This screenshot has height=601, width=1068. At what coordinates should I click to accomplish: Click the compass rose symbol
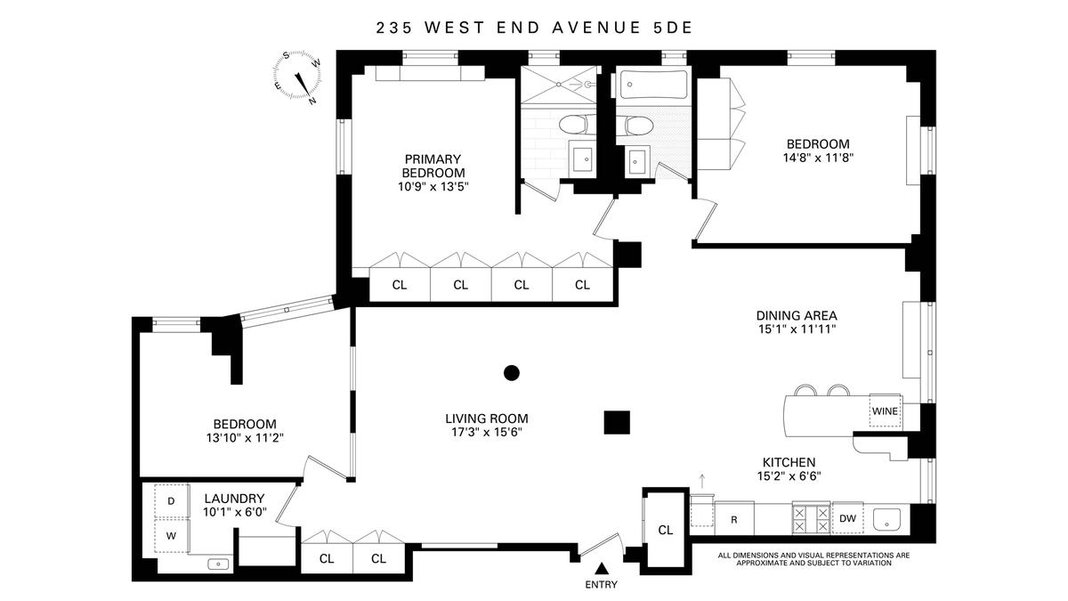[297, 77]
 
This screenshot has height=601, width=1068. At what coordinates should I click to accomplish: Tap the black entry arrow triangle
[603, 569]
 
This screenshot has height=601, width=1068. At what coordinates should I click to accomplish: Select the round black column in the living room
[512, 373]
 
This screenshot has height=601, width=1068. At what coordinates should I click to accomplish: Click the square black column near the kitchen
[617, 423]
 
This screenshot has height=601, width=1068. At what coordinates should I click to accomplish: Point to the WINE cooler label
[885, 411]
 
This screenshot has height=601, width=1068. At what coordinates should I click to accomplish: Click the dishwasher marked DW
[847, 518]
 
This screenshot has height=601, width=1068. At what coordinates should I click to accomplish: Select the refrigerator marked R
[734, 518]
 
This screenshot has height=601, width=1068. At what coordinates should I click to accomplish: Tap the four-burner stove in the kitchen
[812, 519]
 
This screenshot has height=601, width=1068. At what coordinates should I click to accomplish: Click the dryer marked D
[172, 500]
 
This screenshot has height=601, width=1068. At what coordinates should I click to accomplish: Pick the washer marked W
[172, 536]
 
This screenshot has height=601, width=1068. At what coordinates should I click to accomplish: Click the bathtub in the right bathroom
[652, 85]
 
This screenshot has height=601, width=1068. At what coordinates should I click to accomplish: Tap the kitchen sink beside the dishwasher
[886, 519]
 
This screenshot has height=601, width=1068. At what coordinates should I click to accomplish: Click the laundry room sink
[219, 564]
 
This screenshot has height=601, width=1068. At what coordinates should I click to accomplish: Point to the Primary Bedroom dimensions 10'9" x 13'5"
[433, 186]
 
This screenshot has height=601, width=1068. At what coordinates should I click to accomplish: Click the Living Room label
[487, 418]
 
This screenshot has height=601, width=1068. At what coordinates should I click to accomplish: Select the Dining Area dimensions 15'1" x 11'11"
[797, 329]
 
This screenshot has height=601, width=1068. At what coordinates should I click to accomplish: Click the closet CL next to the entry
[666, 530]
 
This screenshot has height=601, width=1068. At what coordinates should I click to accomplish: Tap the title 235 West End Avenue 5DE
[534, 28]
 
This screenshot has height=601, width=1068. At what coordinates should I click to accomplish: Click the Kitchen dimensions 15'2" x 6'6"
[789, 476]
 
